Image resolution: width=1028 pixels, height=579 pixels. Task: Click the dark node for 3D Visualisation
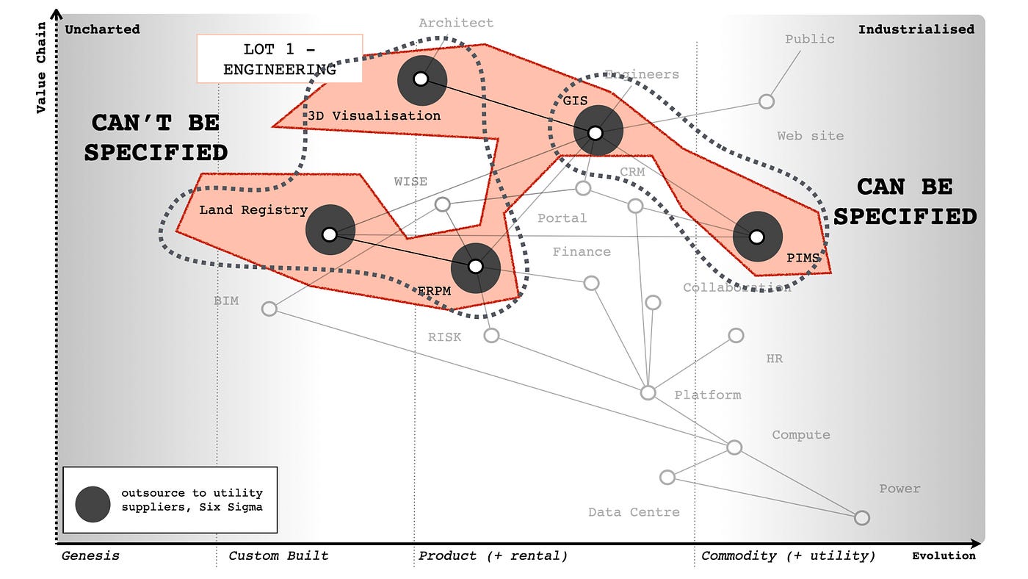(x=421, y=79)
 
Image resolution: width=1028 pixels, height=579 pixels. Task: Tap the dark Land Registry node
(x=330, y=234)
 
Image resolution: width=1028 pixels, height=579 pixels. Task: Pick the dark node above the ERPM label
(x=476, y=266)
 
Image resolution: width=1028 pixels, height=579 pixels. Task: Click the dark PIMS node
(x=757, y=237)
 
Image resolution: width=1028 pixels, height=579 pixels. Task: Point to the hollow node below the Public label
(x=767, y=101)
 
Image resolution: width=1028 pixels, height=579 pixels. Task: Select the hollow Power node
(x=862, y=518)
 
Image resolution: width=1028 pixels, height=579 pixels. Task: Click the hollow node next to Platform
(x=648, y=392)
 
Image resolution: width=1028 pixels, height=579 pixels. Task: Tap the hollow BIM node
(x=269, y=309)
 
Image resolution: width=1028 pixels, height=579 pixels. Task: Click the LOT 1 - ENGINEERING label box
(x=280, y=59)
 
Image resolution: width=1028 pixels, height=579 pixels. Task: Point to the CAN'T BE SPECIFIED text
(x=156, y=137)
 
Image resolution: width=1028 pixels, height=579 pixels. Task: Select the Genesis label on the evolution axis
(x=90, y=556)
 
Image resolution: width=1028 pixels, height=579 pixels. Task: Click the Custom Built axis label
(x=278, y=556)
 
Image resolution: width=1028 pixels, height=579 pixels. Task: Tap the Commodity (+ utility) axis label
(x=788, y=556)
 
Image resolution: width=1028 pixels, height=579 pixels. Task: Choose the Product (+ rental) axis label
(x=493, y=556)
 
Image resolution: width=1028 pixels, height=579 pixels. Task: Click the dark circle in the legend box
(x=93, y=505)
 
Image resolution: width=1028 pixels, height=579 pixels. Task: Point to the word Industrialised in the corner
(x=916, y=29)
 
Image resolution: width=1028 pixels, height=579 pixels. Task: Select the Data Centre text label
(x=634, y=512)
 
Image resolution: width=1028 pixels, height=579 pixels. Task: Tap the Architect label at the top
(x=456, y=23)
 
